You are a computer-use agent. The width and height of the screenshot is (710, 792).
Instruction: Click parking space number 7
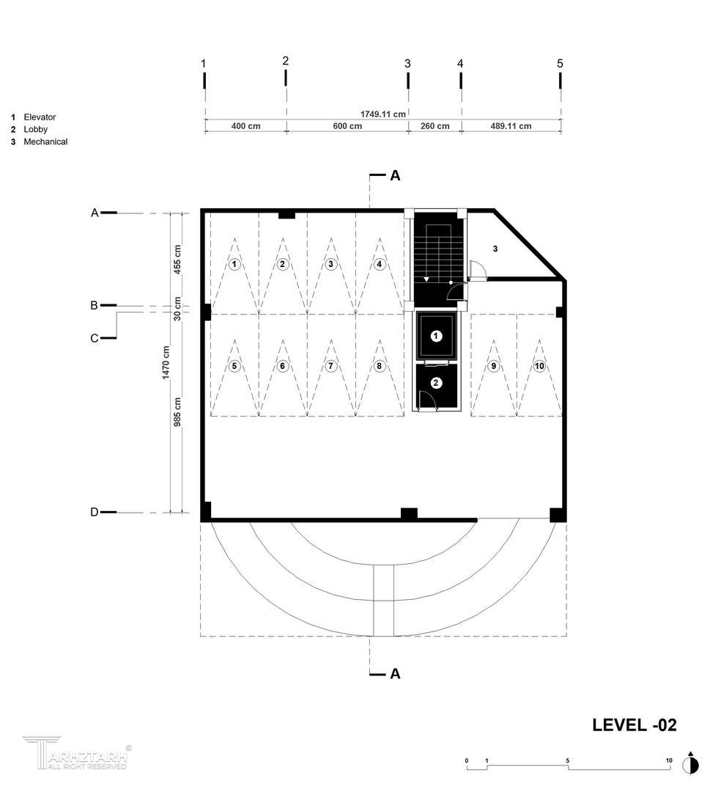(x=330, y=366)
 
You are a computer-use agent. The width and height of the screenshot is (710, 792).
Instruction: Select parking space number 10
(x=539, y=366)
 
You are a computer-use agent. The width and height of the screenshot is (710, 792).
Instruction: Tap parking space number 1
(x=234, y=264)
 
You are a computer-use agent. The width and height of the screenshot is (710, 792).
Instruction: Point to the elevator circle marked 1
(x=436, y=336)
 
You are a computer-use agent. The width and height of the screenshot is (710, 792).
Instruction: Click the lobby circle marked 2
(x=436, y=383)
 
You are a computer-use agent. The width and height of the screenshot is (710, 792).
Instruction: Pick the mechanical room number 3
(x=495, y=249)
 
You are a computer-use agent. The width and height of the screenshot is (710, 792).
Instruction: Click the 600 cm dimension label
(x=347, y=126)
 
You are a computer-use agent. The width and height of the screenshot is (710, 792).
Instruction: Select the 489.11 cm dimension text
(x=511, y=126)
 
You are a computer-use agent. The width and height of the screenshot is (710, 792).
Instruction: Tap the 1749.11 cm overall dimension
(x=383, y=114)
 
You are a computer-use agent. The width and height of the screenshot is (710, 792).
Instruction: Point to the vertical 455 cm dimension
(x=177, y=260)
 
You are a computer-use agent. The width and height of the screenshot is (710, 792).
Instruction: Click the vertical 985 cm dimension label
(x=177, y=412)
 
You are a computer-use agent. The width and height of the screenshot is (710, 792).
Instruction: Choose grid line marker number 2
(x=286, y=61)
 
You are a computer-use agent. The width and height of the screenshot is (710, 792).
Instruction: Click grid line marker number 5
(x=560, y=64)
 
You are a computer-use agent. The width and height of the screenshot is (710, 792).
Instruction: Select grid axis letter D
(x=95, y=512)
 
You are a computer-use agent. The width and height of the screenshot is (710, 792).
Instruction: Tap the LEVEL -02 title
(x=635, y=725)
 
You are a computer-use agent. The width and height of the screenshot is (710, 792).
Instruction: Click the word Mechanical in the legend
(x=45, y=142)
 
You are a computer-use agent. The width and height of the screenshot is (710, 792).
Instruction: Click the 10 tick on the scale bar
(x=669, y=760)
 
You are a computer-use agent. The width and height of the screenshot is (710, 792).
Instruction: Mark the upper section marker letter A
(x=395, y=175)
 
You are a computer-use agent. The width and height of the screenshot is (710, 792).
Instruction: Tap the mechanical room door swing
(x=477, y=269)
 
